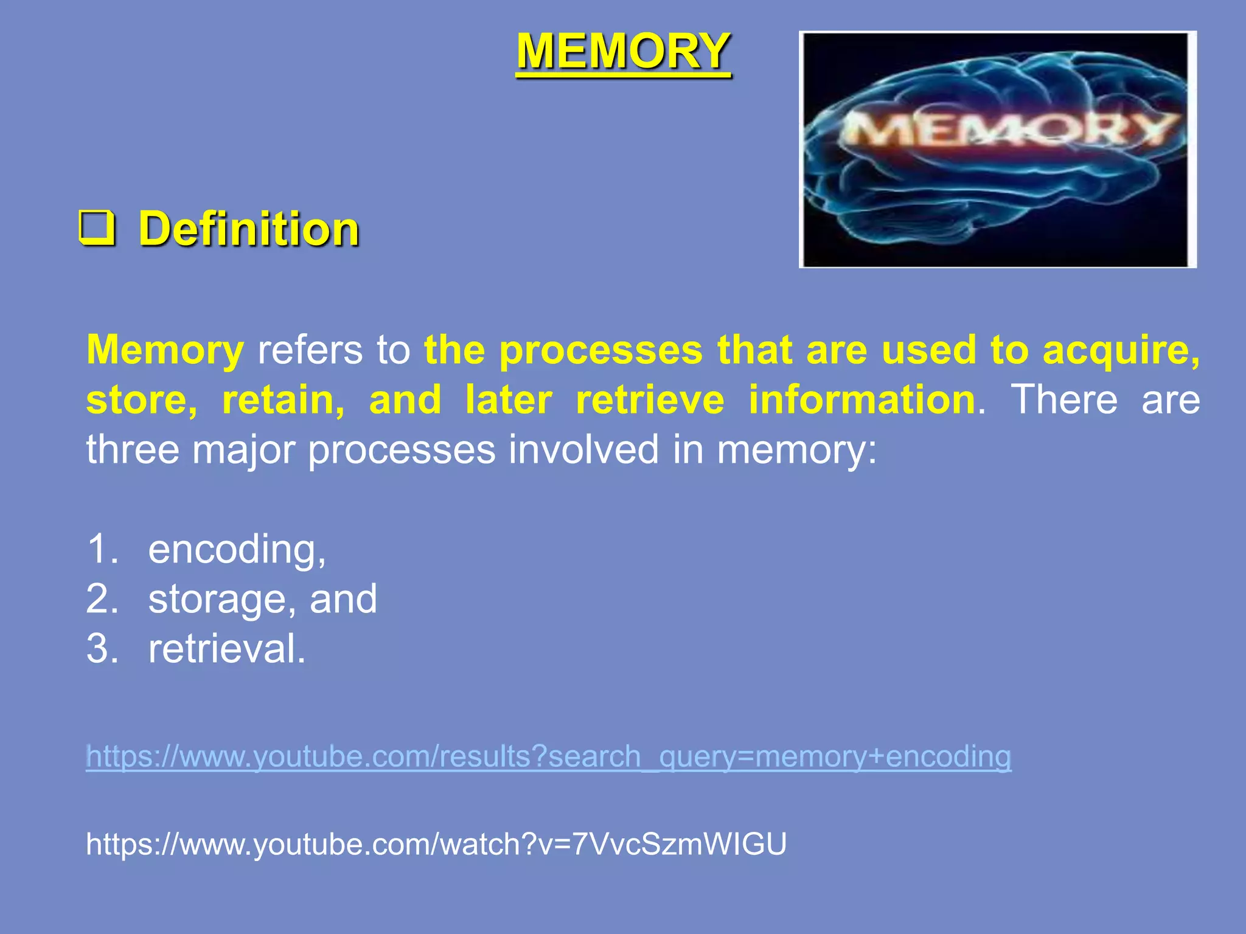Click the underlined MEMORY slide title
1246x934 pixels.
623,52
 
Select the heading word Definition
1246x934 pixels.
249,229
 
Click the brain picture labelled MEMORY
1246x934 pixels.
997,149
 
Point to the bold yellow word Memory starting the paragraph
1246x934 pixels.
165,350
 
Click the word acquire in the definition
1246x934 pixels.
1121,351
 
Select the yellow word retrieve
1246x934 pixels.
650,400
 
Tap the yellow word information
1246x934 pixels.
862,400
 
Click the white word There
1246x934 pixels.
1064,400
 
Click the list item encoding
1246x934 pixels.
237,550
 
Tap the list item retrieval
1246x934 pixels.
226,649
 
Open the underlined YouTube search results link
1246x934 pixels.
548,757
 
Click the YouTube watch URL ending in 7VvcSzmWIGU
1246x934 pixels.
436,845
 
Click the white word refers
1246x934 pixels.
310,350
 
